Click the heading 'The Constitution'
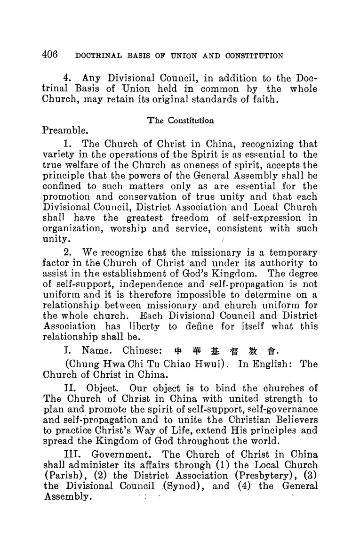(x=181, y=120)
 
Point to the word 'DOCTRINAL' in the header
(x=95, y=56)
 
